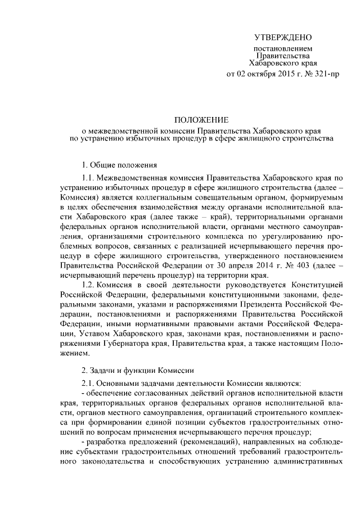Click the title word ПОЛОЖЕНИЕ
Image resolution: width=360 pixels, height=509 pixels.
pyautogui.click(x=200, y=120)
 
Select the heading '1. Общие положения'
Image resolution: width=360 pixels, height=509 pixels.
pyautogui.click(x=116, y=165)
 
